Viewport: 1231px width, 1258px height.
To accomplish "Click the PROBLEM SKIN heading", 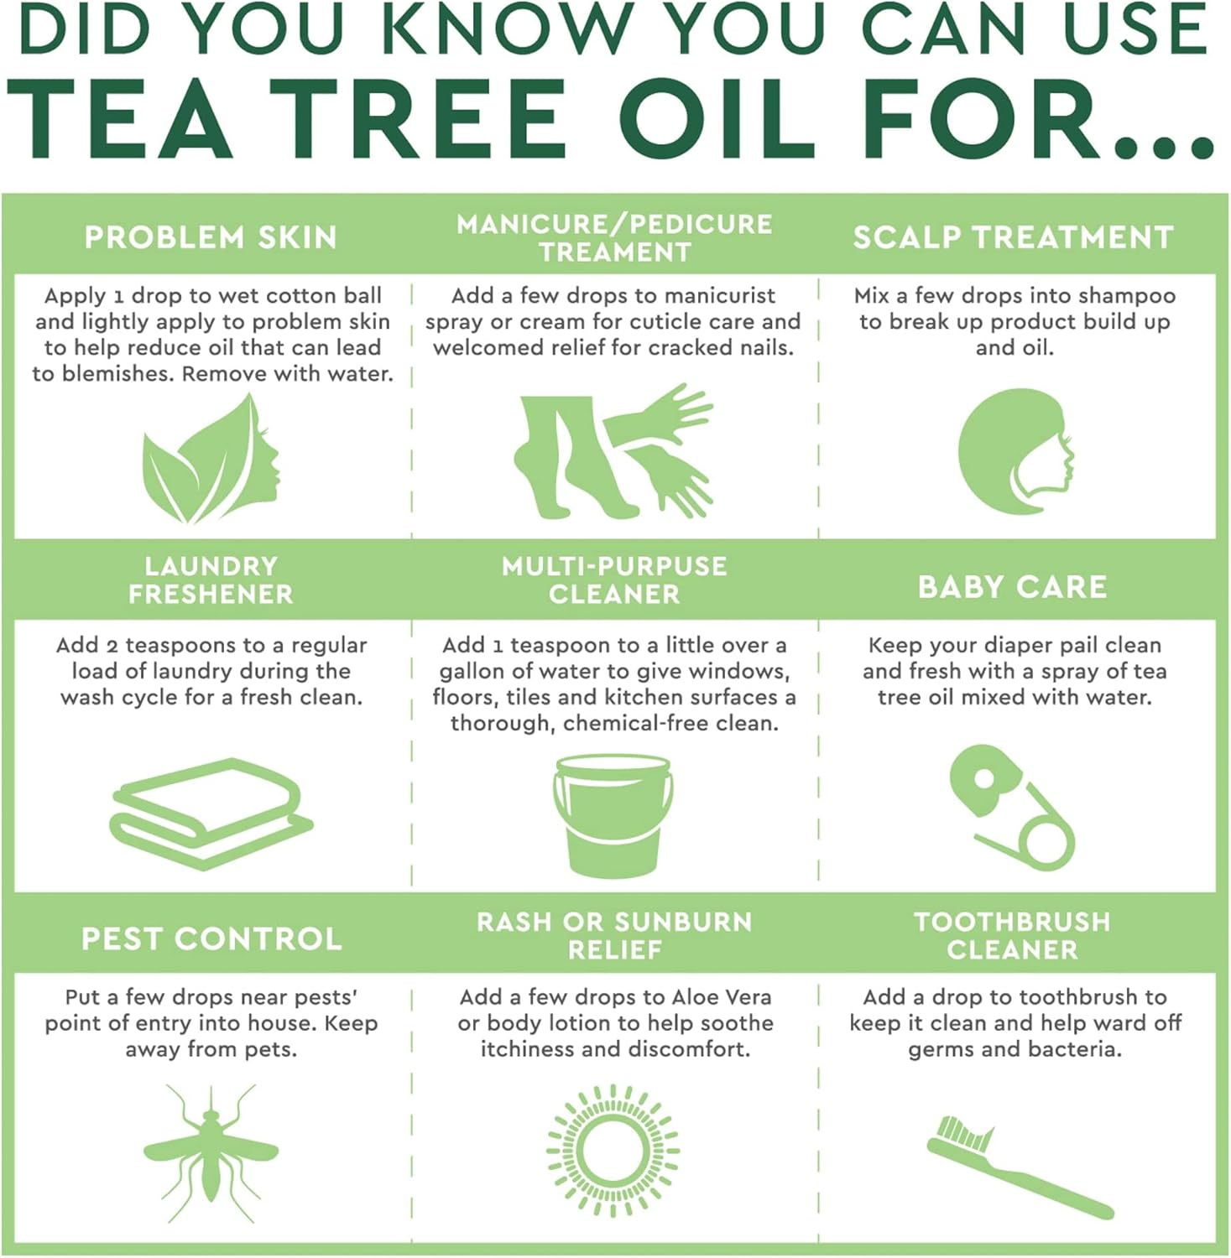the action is pos(211,237).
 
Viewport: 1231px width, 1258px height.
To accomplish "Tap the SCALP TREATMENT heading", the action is pos(1013,237).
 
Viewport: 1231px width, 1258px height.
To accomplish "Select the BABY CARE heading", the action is pos(1013,586).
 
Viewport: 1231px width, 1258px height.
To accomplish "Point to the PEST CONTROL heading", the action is pos(211,938).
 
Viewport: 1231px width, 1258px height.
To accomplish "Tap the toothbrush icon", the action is pos(1020,1167).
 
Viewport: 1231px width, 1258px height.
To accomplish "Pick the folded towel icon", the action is pos(211,813).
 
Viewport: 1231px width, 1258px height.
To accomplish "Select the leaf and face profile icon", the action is pos(211,458).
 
